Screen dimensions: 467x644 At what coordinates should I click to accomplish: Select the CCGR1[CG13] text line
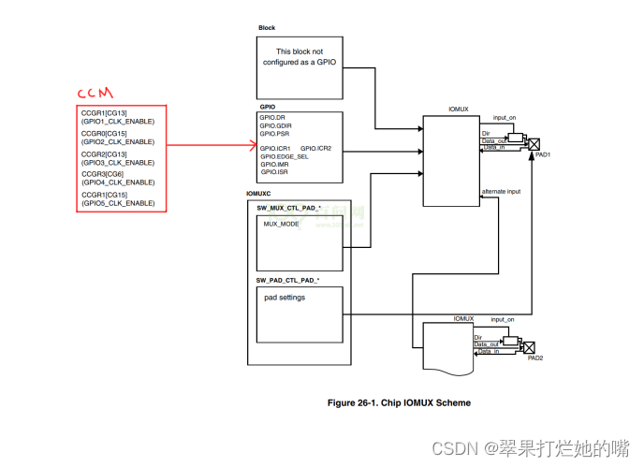click(104, 113)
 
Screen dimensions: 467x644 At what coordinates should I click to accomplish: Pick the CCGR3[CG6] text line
click(102, 174)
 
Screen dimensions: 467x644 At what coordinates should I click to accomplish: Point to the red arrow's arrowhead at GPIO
click(253, 145)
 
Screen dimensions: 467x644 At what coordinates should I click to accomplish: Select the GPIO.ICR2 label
click(316, 148)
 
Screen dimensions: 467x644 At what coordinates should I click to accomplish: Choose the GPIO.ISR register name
click(275, 172)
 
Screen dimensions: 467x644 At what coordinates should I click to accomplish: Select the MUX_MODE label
click(282, 225)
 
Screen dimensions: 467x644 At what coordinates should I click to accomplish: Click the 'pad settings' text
click(285, 298)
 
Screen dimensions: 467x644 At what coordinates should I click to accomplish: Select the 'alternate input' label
click(503, 192)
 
